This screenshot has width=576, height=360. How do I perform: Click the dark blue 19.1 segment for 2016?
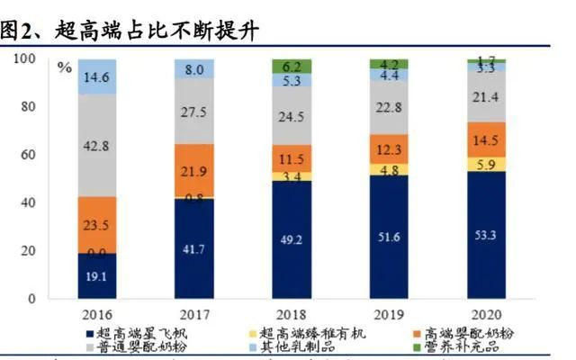coord(97,275)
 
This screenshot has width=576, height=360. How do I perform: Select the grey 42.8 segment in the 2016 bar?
coord(97,145)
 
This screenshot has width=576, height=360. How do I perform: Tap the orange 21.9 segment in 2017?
coord(194,170)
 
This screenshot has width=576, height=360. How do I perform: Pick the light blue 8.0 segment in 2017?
coord(194,68)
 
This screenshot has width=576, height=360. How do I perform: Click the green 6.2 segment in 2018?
coord(292,66)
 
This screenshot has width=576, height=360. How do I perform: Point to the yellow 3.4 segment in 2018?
coord(292,176)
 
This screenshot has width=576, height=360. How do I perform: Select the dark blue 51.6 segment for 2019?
coord(389,236)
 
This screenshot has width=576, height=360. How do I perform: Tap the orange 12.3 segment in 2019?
coord(389,149)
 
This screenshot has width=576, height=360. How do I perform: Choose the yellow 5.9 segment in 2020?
coord(486,164)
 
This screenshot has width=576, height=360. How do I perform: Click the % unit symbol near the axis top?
coord(63,67)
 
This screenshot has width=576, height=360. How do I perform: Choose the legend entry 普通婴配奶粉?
coord(137,346)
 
